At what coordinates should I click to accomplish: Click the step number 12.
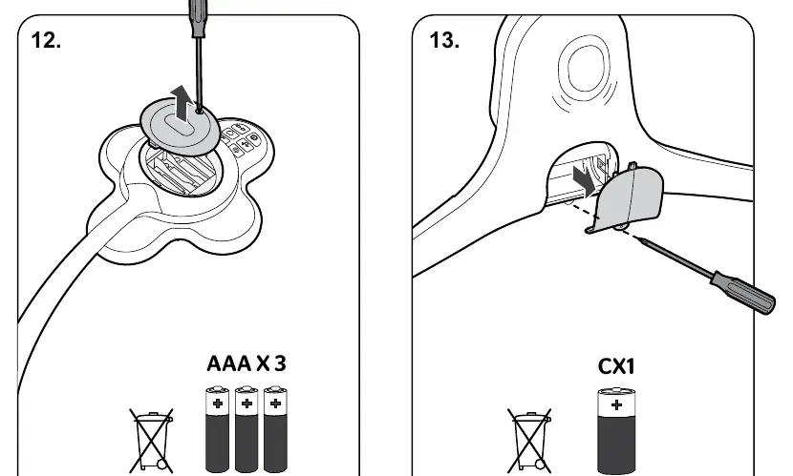click(46, 40)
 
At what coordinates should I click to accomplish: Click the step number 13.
click(444, 40)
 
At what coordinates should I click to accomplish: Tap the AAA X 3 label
click(246, 363)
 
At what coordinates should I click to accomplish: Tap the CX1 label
click(616, 366)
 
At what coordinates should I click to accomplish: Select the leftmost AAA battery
click(218, 429)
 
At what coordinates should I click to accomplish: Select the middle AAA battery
click(246, 429)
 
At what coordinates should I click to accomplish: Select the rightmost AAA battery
click(275, 429)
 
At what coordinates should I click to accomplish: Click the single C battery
click(616, 430)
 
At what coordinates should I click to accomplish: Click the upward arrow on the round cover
click(181, 103)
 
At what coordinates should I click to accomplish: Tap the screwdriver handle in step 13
click(743, 293)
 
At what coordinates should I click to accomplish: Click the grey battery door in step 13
click(630, 198)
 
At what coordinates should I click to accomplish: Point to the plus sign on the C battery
click(616, 404)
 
